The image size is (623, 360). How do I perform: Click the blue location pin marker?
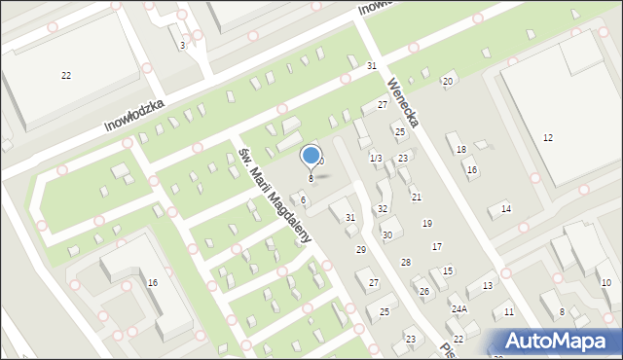311,157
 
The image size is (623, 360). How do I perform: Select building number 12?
548,138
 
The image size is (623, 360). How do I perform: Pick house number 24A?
458,308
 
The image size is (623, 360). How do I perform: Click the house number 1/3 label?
376,158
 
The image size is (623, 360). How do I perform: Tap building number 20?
447,81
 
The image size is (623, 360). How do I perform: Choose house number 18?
461,149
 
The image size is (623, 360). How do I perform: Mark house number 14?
505,209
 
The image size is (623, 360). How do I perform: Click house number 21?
416,198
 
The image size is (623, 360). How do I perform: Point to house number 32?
383,209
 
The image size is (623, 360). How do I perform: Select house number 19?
426,224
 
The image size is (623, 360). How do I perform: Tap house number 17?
437,246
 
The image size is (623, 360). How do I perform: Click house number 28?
405,263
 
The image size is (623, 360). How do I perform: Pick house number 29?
360,250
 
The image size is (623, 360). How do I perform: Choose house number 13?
487,285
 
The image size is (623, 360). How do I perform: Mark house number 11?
509,312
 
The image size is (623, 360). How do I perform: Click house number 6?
303,199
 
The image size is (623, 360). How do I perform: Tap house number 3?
182,45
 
